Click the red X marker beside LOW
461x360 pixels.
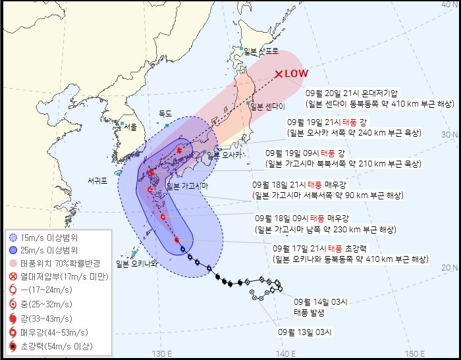point(279,74)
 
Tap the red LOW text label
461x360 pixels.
point(296,74)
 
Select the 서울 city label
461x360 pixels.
point(130,126)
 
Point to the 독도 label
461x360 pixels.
point(165,113)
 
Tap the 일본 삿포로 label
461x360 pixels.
point(261,51)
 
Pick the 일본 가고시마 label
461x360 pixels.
point(187,186)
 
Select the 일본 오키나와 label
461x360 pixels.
point(136,264)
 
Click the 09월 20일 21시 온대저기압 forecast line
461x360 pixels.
point(352,93)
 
